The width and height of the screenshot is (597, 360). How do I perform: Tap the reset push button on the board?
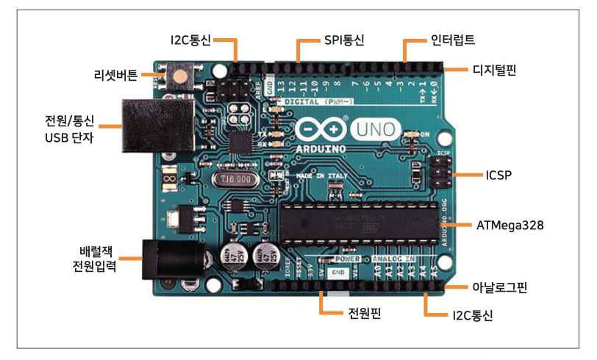tap(178, 76)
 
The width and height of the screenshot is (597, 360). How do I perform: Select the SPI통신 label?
tap(344, 38)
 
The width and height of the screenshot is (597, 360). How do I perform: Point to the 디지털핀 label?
tap(494, 71)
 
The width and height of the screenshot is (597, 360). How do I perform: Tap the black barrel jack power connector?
tap(174, 259)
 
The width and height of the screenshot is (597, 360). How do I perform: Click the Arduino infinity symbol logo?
tap(321, 129)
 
